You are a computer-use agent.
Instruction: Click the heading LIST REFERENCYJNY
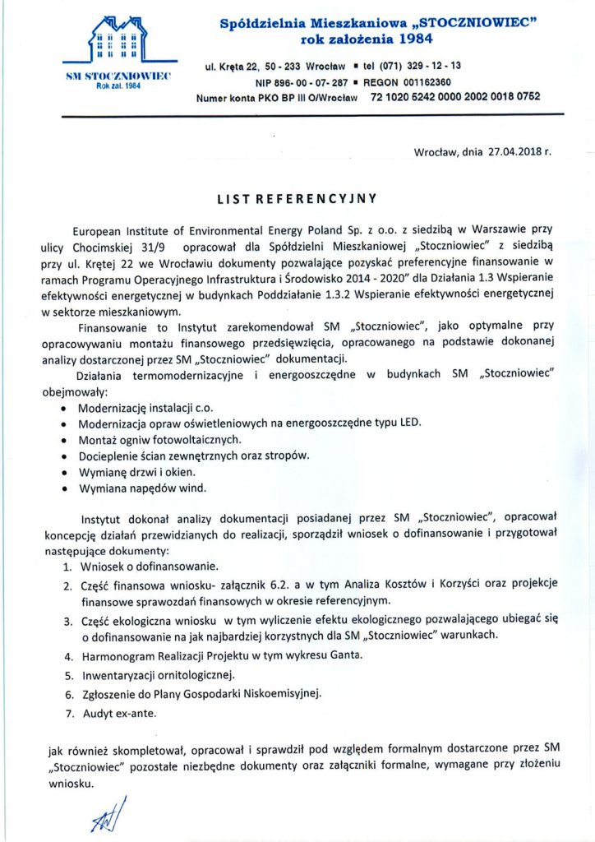[x=297, y=197]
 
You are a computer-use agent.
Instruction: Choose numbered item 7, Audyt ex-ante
[x=118, y=713]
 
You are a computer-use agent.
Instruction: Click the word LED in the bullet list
[x=408, y=423]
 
